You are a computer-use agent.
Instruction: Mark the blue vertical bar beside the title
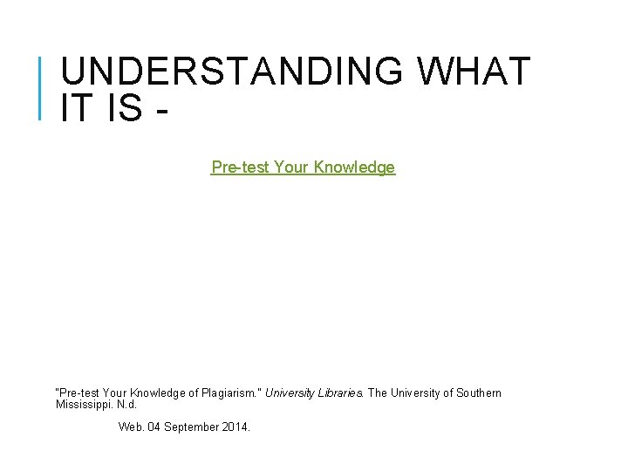point(41,86)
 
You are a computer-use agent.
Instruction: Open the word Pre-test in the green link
point(240,167)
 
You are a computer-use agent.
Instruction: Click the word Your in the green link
point(291,167)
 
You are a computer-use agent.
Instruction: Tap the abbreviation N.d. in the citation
point(128,405)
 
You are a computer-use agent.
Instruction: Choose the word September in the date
point(192,427)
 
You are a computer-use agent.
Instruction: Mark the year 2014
point(235,427)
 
